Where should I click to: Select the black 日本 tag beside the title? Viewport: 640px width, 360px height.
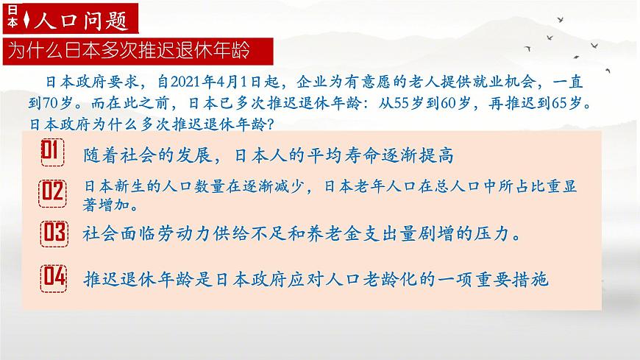pyautogui.click(x=11, y=18)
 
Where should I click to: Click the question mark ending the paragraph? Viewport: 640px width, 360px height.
pyautogui.click(x=270, y=122)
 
